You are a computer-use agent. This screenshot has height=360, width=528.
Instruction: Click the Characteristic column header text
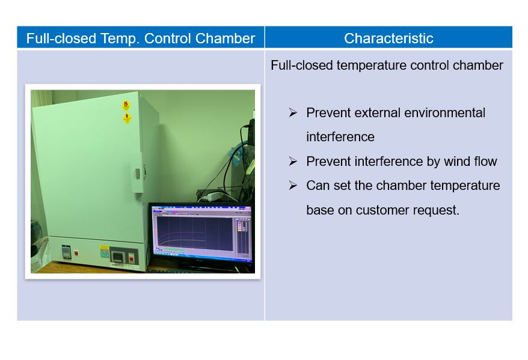pos(388,38)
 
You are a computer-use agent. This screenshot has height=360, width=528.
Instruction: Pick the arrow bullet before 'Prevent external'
pos(293,113)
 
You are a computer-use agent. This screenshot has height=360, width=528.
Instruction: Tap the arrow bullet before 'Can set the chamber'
pos(293,185)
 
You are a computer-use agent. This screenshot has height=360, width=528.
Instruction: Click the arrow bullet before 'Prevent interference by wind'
pos(293,162)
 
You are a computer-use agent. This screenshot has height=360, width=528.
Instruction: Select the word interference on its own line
pos(340,137)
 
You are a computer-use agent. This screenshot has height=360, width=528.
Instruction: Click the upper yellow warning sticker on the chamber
pos(126,106)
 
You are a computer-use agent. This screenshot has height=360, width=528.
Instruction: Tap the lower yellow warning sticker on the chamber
pos(127,118)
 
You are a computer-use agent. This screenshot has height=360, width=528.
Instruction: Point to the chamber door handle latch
pos(138,173)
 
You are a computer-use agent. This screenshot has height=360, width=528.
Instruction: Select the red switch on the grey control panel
pos(131,258)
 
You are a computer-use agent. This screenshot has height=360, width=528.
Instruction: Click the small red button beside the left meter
pos(76,252)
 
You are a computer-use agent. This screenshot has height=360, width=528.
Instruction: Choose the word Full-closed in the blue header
pos(61,38)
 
